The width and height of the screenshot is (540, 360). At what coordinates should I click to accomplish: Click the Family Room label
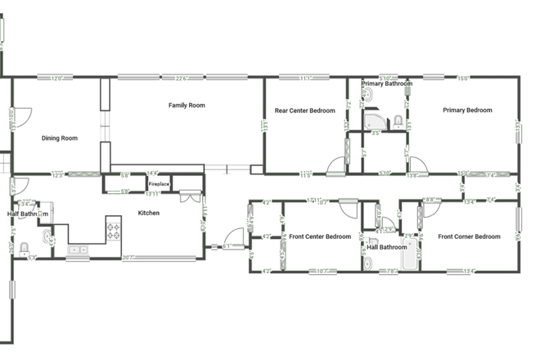coord(187,105)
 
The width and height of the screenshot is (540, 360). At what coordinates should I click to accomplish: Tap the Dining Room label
coord(60,138)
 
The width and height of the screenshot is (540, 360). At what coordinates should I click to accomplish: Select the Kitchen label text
coord(148,213)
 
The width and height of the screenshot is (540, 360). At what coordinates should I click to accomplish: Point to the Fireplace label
coord(159,185)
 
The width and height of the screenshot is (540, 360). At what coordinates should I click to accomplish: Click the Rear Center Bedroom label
coord(304,110)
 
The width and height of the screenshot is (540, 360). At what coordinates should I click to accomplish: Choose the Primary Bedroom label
coord(467,110)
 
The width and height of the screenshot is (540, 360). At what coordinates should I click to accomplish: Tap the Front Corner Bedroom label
coord(469,236)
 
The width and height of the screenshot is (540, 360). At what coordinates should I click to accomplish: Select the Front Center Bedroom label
coord(320,236)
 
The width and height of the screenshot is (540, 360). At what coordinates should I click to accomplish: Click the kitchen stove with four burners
coord(114,230)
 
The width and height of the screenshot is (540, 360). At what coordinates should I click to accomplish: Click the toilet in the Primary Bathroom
coord(397,122)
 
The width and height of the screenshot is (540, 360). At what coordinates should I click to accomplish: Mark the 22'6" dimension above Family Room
coord(181,79)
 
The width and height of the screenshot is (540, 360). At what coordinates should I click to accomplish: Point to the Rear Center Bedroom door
coord(335,167)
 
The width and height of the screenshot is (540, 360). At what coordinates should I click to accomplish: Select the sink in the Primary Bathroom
coord(368,96)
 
